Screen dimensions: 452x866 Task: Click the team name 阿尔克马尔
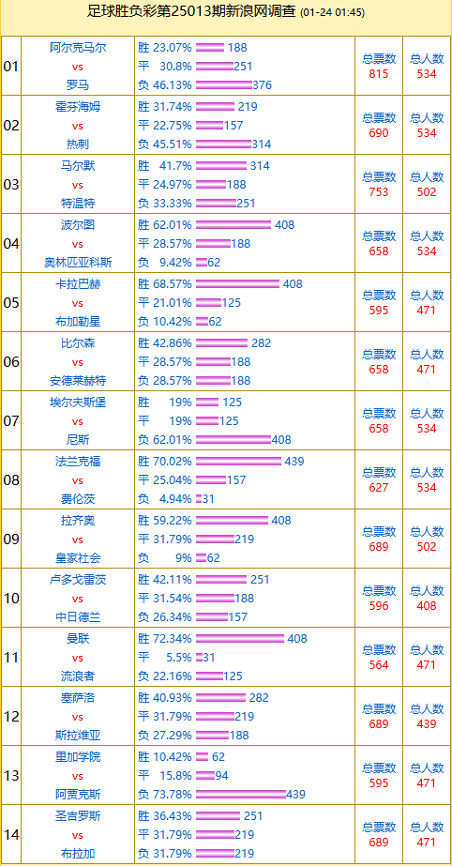click(77, 48)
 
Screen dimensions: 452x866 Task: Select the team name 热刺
click(77, 144)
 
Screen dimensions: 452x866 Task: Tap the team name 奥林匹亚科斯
click(77, 263)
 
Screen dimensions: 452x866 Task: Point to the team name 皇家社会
click(77, 558)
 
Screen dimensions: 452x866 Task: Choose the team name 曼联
click(77, 639)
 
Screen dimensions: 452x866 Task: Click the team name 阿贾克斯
click(77, 794)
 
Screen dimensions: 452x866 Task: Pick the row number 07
click(11, 421)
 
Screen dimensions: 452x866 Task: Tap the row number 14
click(11, 835)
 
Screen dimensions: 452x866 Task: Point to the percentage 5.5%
click(179, 657)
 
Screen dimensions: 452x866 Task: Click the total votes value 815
click(379, 74)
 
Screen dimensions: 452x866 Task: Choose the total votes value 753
click(379, 192)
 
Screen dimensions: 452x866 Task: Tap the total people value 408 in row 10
click(427, 606)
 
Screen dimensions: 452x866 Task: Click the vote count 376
click(263, 85)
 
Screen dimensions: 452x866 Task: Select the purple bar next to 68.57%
click(238, 284)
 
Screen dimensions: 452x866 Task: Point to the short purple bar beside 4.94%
click(199, 499)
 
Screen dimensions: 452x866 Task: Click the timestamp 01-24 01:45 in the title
click(333, 13)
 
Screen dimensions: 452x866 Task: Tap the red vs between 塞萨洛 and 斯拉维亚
click(77, 717)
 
